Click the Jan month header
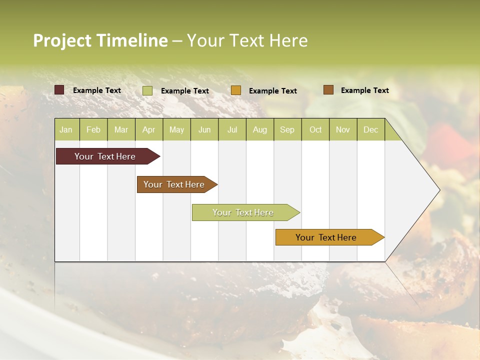(66, 129)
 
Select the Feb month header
(93, 129)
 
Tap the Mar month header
(121, 129)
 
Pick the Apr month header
(148, 129)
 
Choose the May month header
(176, 129)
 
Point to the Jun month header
(204, 129)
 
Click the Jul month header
(232, 129)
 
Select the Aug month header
(259, 129)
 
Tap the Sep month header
(287, 129)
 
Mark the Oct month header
(315, 129)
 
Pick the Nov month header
(343, 129)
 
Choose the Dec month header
(370, 129)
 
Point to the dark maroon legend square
(59, 90)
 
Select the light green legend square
(147, 90)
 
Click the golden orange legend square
(236, 90)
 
